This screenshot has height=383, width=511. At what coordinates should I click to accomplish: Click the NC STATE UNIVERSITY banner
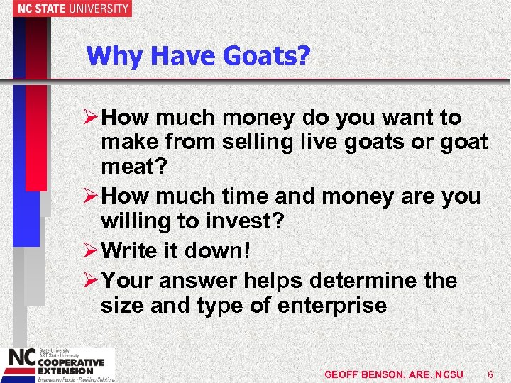(65, 9)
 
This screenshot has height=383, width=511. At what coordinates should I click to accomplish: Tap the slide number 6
(490, 374)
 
